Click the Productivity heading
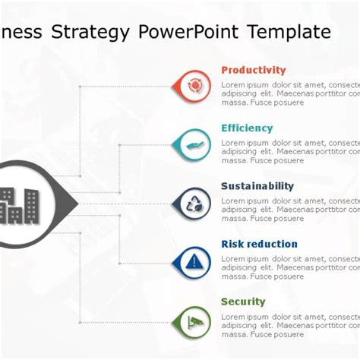pyautogui.click(x=253, y=70)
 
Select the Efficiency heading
pyautogui.click(x=247, y=128)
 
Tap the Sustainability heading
pyautogui.click(x=257, y=186)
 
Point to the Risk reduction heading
pyautogui.click(x=259, y=244)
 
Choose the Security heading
pyautogui.click(x=243, y=302)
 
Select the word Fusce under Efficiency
pyautogui.click(x=264, y=161)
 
